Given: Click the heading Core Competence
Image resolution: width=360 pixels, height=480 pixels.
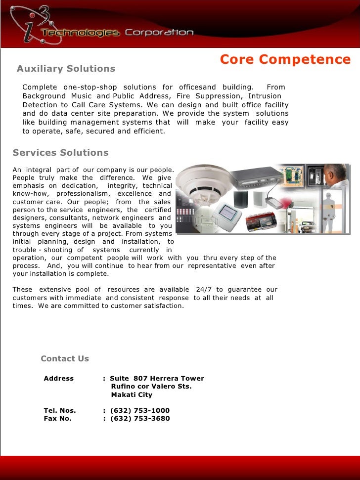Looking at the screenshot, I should (x=285, y=60).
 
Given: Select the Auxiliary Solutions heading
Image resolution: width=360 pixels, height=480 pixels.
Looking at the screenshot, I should (x=66, y=69).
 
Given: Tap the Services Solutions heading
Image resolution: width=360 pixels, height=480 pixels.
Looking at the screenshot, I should (x=60, y=153).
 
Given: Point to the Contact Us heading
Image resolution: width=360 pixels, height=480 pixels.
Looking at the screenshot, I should (x=65, y=359).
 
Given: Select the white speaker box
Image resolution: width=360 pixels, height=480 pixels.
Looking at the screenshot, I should (x=257, y=198).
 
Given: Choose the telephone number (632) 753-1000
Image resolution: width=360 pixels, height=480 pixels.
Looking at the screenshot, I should (x=140, y=411).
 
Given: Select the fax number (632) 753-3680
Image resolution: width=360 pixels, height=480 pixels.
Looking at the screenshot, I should (x=140, y=419).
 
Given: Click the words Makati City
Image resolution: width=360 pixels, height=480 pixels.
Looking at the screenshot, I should (x=132, y=395).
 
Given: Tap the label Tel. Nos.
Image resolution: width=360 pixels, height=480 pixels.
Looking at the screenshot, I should (x=60, y=411).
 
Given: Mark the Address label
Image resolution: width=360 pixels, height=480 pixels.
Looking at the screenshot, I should (x=59, y=379).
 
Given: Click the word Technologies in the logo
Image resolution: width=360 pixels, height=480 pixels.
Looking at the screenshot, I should (x=81, y=33).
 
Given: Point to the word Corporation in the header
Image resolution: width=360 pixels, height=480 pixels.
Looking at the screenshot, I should (x=159, y=33).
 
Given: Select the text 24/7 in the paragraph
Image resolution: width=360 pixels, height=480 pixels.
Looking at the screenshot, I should (x=203, y=290).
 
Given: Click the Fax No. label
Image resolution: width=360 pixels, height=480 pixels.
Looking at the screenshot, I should (x=57, y=419).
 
